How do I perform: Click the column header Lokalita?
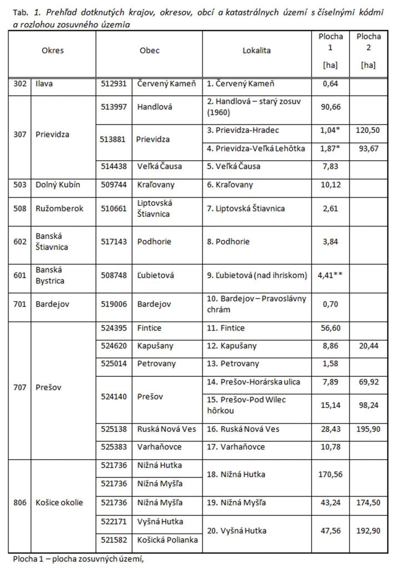click(257, 50)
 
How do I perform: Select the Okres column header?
click(53, 50)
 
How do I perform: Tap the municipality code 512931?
click(114, 84)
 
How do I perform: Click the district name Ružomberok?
click(59, 209)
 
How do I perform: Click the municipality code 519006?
click(114, 304)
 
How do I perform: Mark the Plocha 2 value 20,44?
click(369, 346)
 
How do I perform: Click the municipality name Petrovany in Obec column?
click(156, 363)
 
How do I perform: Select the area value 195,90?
click(369, 429)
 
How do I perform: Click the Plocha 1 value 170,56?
click(331, 474)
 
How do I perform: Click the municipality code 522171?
click(114, 521)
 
